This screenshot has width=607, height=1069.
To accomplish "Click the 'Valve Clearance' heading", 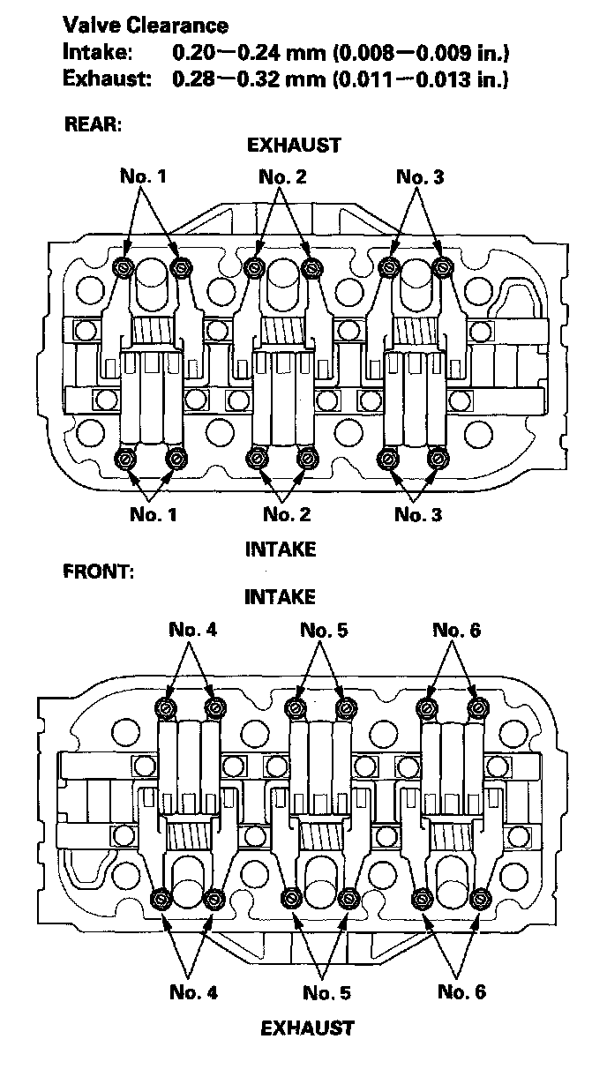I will (x=146, y=26).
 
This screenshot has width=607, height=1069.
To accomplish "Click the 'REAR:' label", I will (x=93, y=124).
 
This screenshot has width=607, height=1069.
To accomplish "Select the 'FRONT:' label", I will (x=98, y=572).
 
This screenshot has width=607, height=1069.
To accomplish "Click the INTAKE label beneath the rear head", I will (x=280, y=549).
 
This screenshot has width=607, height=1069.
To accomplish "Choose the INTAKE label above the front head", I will (x=280, y=597).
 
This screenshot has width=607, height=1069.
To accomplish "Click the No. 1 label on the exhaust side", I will (x=143, y=176).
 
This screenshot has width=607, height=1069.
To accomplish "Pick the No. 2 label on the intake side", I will (x=287, y=515).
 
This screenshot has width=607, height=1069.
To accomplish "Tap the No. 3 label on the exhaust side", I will (x=420, y=176).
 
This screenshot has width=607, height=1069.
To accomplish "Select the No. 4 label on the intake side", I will (x=192, y=630).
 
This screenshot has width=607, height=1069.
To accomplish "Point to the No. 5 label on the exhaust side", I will (x=326, y=993).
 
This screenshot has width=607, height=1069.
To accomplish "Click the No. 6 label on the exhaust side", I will (x=461, y=992).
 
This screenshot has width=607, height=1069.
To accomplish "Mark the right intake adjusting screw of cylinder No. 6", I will (x=479, y=706).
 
